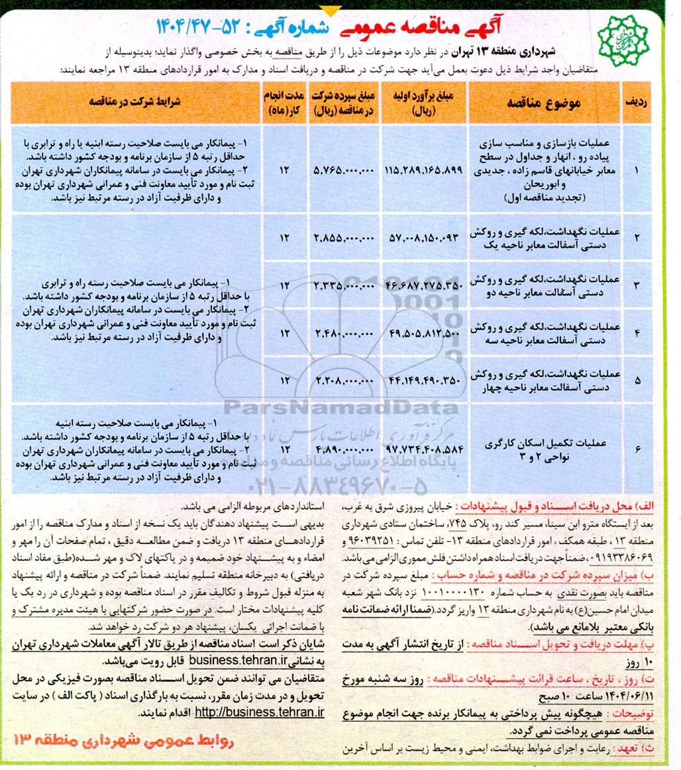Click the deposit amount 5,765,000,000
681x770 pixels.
[343, 170]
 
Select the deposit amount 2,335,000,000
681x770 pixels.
[343, 285]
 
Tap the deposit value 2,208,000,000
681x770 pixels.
[343, 380]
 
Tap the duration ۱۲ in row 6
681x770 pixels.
[285, 449]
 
